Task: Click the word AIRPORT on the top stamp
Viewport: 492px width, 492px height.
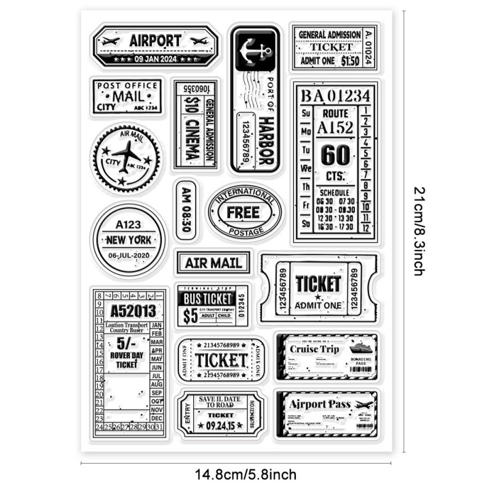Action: click(x=156, y=41)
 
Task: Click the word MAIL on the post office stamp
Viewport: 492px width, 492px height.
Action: click(x=128, y=96)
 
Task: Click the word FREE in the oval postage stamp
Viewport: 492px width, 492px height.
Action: click(x=244, y=213)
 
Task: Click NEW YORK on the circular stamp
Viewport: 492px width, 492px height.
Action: click(x=129, y=240)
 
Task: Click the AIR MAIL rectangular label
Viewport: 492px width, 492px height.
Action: click(x=212, y=263)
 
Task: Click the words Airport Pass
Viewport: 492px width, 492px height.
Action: click(x=319, y=405)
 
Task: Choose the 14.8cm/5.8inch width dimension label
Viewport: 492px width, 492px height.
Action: click(x=245, y=474)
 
